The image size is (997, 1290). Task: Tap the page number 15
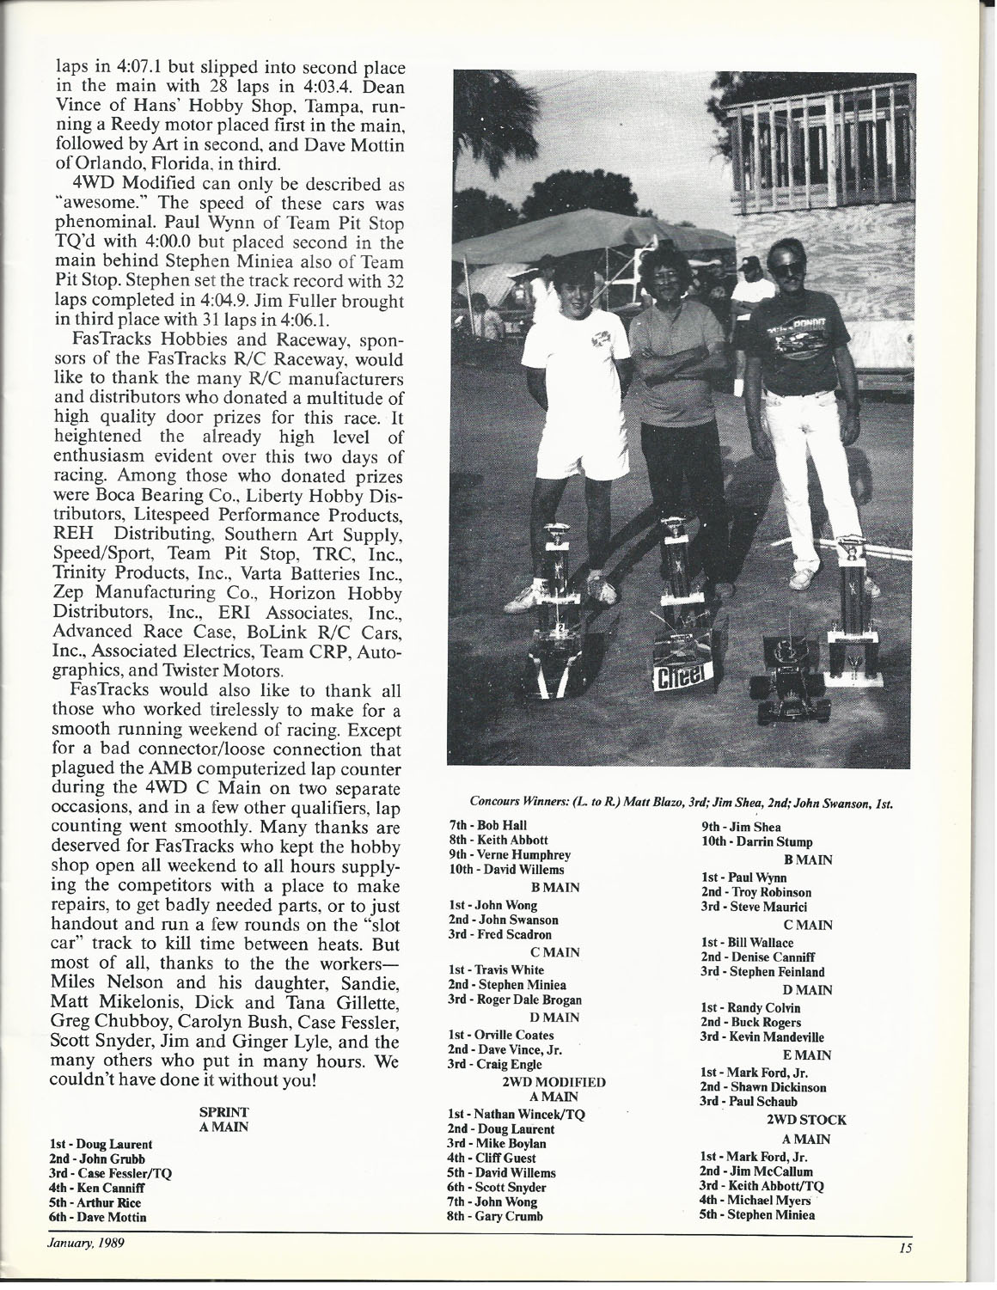click(905, 1250)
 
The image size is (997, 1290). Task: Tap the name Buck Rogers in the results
click(751, 1022)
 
